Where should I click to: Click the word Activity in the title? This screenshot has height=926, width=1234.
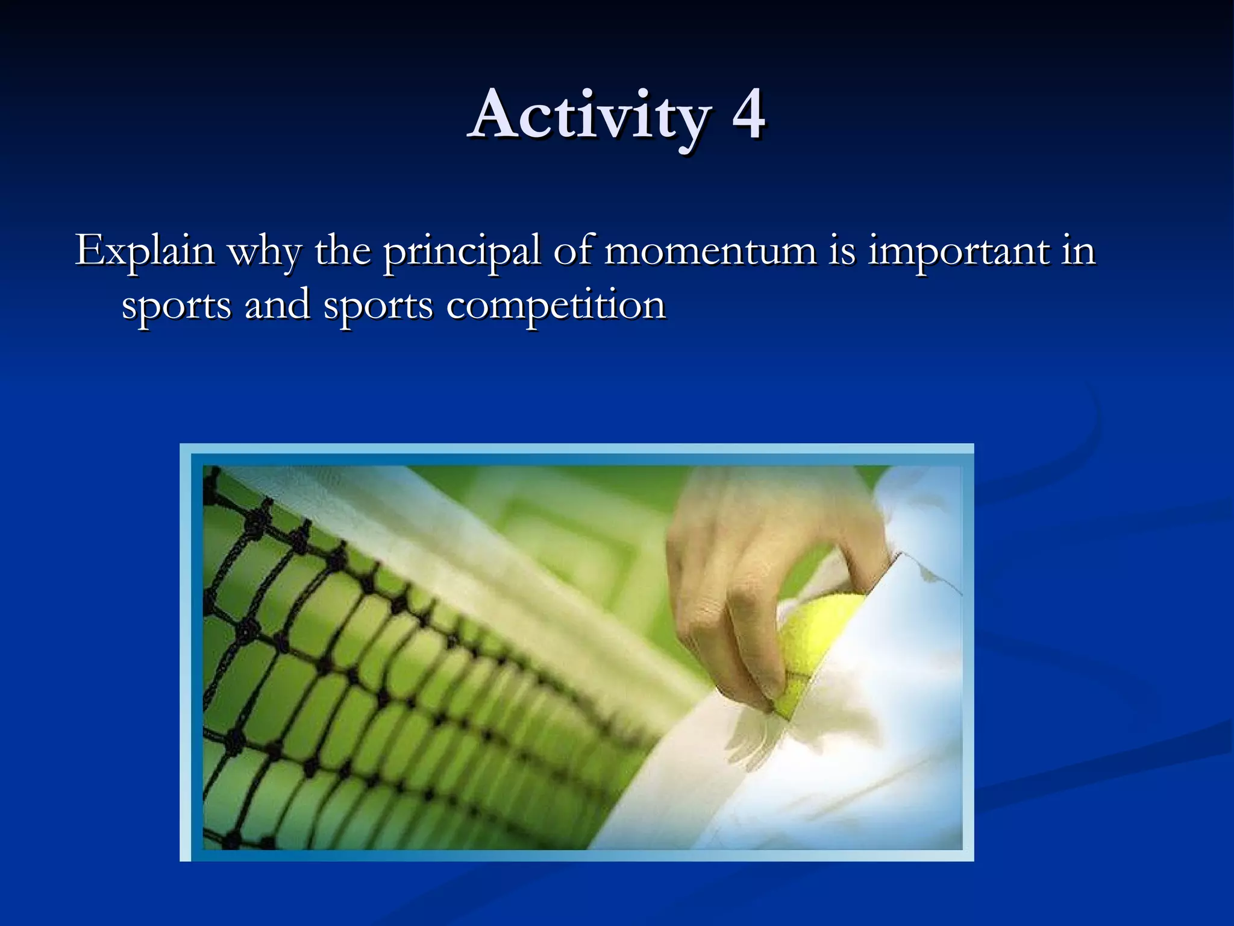(590, 116)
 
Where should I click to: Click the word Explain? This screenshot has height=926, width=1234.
(145, 251)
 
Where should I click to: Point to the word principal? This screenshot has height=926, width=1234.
(462, 252)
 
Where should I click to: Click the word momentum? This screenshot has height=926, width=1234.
(710, 251)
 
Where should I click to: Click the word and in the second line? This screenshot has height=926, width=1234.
(277, 305)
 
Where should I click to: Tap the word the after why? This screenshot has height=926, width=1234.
(342, 251)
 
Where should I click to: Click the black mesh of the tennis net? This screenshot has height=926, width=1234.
(337, 693)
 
